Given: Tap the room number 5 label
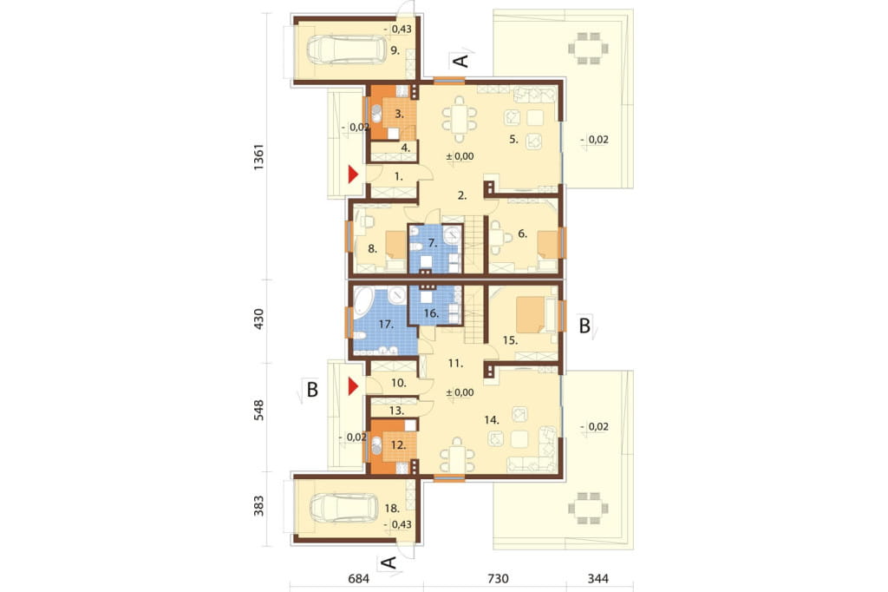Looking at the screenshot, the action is click(x=513, y=139).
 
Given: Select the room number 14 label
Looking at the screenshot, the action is click(x=492, y=420).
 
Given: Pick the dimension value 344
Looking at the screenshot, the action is click(x=598, y=578).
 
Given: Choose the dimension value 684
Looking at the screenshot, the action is click(x=358, y=578).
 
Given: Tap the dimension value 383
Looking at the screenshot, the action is click(x=258, y=506).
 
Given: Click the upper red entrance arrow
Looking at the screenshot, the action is click(x=354, y=174).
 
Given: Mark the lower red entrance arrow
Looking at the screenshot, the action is click(x=354, y=387).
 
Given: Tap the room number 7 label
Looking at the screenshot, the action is click(x=433, y=243).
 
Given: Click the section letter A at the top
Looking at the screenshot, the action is click(x=463, y=60).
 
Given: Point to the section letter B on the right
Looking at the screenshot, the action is click(x=584, y=326).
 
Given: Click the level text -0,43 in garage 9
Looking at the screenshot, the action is click(x=397, y=29).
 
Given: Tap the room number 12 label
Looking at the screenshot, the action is click(x=398, y=445).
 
